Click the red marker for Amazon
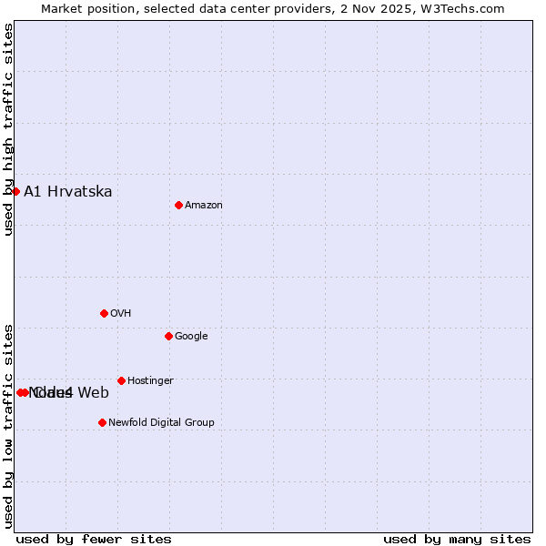[x=178, y=205]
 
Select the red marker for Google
[x=168, y=336]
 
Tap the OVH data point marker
[x=104, y=313]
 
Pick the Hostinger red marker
[x=121, y=380]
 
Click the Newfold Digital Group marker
[x=102, y=422]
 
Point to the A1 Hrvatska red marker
[x=15, y=191]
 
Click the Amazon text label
[x=204, y=206]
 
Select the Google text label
[x=191, y=337]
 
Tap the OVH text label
[x=121, y=314]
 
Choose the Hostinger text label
[x=150, y=381]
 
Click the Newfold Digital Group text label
[x=161, y=423]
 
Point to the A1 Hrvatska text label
[x=68, y=191]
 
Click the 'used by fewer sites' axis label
[x=94, y=539]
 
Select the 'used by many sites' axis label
[x=457, y=539]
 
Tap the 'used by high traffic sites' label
[x=9, y=129]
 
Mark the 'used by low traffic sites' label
[x=9, y=425]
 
